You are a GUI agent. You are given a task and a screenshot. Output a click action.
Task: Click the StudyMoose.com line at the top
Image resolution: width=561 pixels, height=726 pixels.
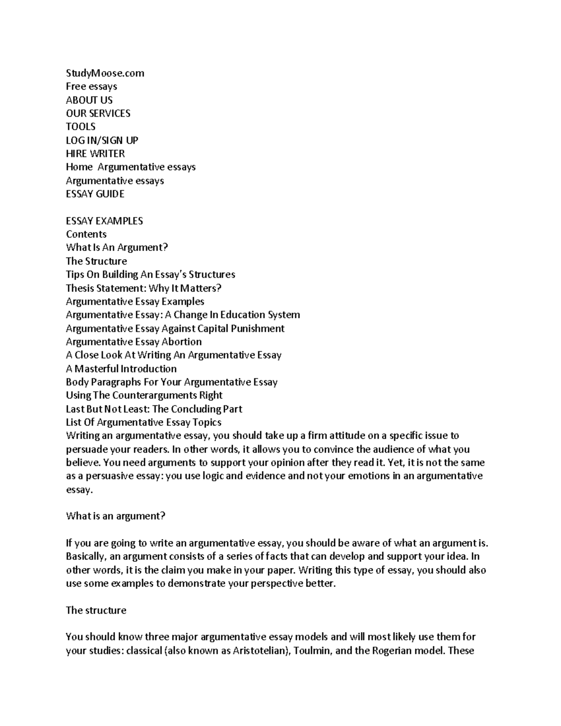tap(105, 73)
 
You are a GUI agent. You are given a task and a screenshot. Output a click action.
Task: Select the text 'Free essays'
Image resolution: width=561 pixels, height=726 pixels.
tap(91, 86)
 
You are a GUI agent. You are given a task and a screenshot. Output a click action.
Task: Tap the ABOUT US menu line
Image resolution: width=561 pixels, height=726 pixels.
tap(89, 100)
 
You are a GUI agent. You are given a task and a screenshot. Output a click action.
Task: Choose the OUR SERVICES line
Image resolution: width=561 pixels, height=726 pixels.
tap(98, 113)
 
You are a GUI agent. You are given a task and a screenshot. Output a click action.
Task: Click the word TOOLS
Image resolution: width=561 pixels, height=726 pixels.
tap(80, 127)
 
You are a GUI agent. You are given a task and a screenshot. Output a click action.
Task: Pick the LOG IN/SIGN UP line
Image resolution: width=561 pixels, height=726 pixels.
tap(102, 140)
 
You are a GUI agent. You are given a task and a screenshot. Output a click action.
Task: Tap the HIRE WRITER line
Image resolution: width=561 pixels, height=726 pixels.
tap(95, 153)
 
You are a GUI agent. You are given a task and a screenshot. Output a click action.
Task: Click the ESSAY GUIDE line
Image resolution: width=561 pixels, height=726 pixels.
tap(95, 194)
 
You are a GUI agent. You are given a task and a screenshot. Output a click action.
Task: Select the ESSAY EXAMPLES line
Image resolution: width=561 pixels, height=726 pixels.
tap(104, 221)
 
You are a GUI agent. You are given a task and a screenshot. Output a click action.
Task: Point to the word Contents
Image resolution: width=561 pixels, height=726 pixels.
tap(86, 234)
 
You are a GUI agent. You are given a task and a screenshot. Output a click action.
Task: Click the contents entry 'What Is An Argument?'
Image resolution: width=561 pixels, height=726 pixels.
tap(116, 247)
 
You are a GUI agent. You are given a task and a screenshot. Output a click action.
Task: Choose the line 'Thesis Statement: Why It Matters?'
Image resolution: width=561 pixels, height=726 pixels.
tap(144, 288)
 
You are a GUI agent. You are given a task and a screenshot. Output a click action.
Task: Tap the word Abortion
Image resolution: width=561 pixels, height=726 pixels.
tap(181, 342)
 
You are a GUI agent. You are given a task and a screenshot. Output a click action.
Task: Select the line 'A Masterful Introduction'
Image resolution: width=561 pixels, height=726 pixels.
tap(121, 369)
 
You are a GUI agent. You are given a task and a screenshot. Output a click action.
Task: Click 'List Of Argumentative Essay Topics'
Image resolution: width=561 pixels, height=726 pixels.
tap(144, 423)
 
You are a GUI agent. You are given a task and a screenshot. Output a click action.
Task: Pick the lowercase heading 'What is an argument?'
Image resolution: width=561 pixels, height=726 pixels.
tap(115, 517)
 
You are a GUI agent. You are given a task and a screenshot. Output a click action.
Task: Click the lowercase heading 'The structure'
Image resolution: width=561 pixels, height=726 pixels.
tap(96, 611)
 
